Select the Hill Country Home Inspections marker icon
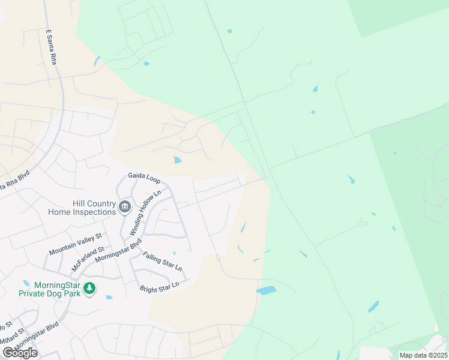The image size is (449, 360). [x=125, y=207]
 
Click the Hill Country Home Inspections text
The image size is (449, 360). [x=82, y=208]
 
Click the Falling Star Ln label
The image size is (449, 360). [x=162, y=261]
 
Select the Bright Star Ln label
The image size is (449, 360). [x=160, y=287]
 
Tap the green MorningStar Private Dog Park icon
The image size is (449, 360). [x=89, y=289]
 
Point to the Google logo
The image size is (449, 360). [x=20, y=353]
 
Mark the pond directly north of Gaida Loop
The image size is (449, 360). [x=178, y=160]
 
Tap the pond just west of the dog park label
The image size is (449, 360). [x=26, y=283]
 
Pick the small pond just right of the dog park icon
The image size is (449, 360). [x=109, y=297]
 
